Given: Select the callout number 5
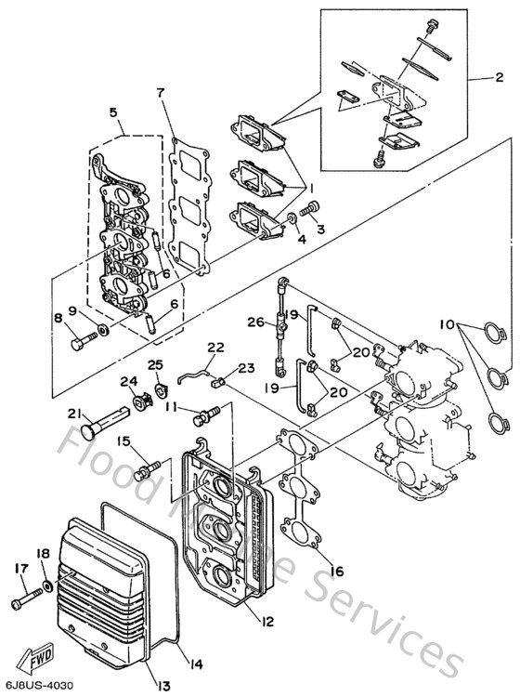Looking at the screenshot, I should pos(114,113).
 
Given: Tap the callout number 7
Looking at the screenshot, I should pos(161,93).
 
